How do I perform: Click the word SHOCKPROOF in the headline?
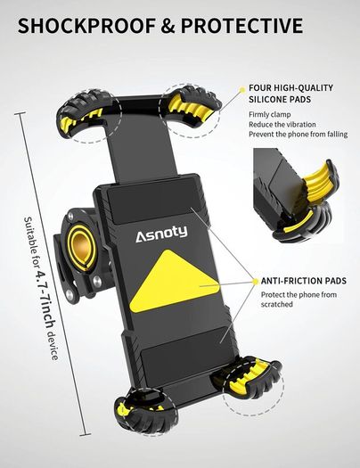pos(86,25)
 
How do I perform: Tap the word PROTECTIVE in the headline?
pos(241,25)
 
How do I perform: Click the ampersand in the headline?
pos(168,25)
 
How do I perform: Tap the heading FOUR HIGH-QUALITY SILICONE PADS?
pos(290,94)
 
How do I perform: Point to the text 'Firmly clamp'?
pos(270,115)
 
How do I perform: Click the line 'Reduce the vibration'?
pos(282,125)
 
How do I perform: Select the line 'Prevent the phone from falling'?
pos(299,135)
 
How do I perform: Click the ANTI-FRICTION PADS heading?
pos(304,281)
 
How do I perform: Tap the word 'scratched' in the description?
pos(277,305)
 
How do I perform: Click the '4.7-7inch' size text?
pos(45,300)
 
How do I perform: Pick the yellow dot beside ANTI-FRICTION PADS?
pos(256,281)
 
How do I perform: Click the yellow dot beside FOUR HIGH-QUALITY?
pos(242,88)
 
